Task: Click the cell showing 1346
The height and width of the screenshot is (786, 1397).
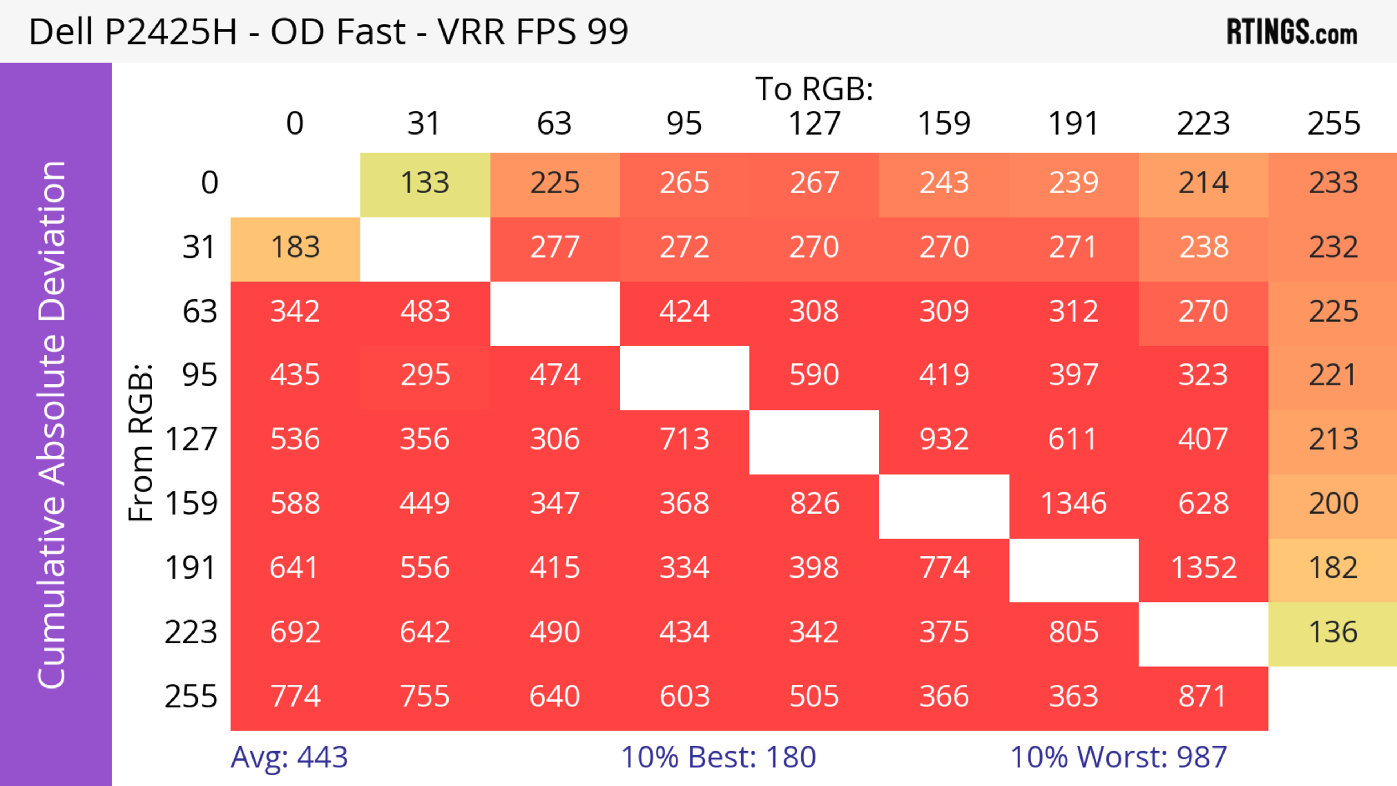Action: pyautogui.click(x=1073, y=504)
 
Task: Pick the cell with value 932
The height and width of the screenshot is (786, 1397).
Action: pyautogui.click(x=944, y=439)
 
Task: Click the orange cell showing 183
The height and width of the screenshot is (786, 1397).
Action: pyautogui.click(x=295, y=247)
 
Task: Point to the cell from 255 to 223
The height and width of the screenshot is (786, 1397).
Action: pyautogui.click(x=1203, y=697)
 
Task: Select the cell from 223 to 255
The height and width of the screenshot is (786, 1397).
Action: pyautogui.click(x=1333, y=632)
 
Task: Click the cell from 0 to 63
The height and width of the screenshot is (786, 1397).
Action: pyautogui.click(x=555, y=183)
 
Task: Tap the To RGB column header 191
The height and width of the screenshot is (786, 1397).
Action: pyautogui.click(x=1073, y=124)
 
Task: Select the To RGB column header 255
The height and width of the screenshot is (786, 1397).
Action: pyautogui.click(x=1333, y=124)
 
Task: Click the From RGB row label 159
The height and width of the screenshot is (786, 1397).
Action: pyautogui.click(x=191, y=504)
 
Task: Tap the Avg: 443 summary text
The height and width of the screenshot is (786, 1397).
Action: pyautogui.click(x=289, y=757)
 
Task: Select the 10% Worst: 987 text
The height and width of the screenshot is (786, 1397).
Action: pyautogui.click(x=1118, y=757)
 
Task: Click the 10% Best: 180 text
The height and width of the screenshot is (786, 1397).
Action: pyautogui.click(x=718, y=757)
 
